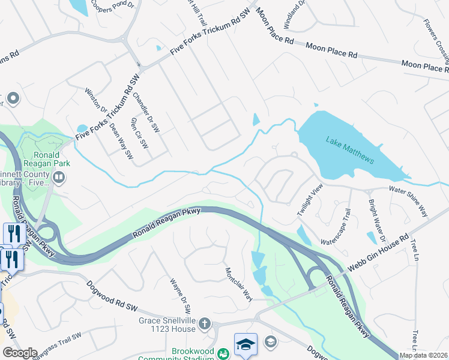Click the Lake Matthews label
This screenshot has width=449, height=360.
tap(350, 150)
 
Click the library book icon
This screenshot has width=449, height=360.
tap(59, 177)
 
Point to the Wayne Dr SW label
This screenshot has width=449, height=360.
tap(180, 295)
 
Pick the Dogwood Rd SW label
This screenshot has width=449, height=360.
tap(112, 296)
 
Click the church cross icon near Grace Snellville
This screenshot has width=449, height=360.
tap(204, 325)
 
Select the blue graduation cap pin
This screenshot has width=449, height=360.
tap(246, 343)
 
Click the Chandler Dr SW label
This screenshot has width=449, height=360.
tap(146, 112)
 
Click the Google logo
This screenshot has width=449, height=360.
tap(20, 353)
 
